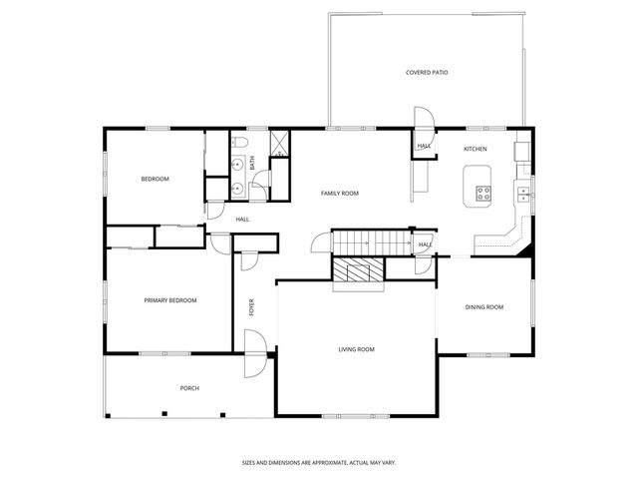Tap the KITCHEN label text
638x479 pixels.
click(476, 149)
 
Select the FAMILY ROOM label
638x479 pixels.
click(339, 193)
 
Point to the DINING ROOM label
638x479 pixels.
click(484, 306)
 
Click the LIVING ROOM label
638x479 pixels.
click(356, 349)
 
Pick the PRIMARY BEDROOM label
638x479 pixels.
click(169, 300)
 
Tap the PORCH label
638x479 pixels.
click(189, 388)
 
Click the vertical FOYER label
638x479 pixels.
click(251, 308)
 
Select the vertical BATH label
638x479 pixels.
click(252, 160)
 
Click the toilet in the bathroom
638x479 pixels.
click(261, 180)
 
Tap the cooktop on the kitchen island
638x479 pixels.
click(484, 194)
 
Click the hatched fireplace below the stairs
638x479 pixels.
click(358, 270)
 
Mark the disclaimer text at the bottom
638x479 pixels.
click(319, 462)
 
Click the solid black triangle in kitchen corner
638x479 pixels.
click(523, 251)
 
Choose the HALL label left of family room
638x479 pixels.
click(242, 220)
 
